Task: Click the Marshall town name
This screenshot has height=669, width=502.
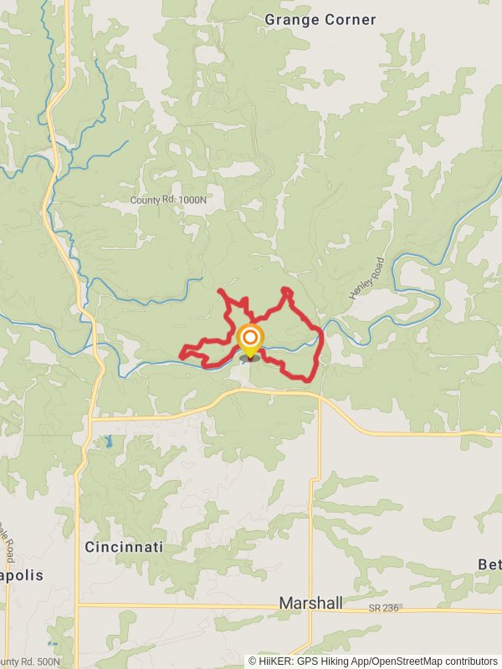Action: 311,603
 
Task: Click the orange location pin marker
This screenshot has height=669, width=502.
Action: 249,339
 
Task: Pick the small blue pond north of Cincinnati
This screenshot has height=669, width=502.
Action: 108,440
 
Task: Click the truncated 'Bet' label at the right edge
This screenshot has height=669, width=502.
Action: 489,564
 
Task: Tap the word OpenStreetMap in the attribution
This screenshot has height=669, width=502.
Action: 399,661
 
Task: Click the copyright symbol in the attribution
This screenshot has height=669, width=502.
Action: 252,661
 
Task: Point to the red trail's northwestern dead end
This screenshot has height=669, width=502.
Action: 219,290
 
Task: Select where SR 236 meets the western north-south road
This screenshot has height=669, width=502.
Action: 78,604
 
